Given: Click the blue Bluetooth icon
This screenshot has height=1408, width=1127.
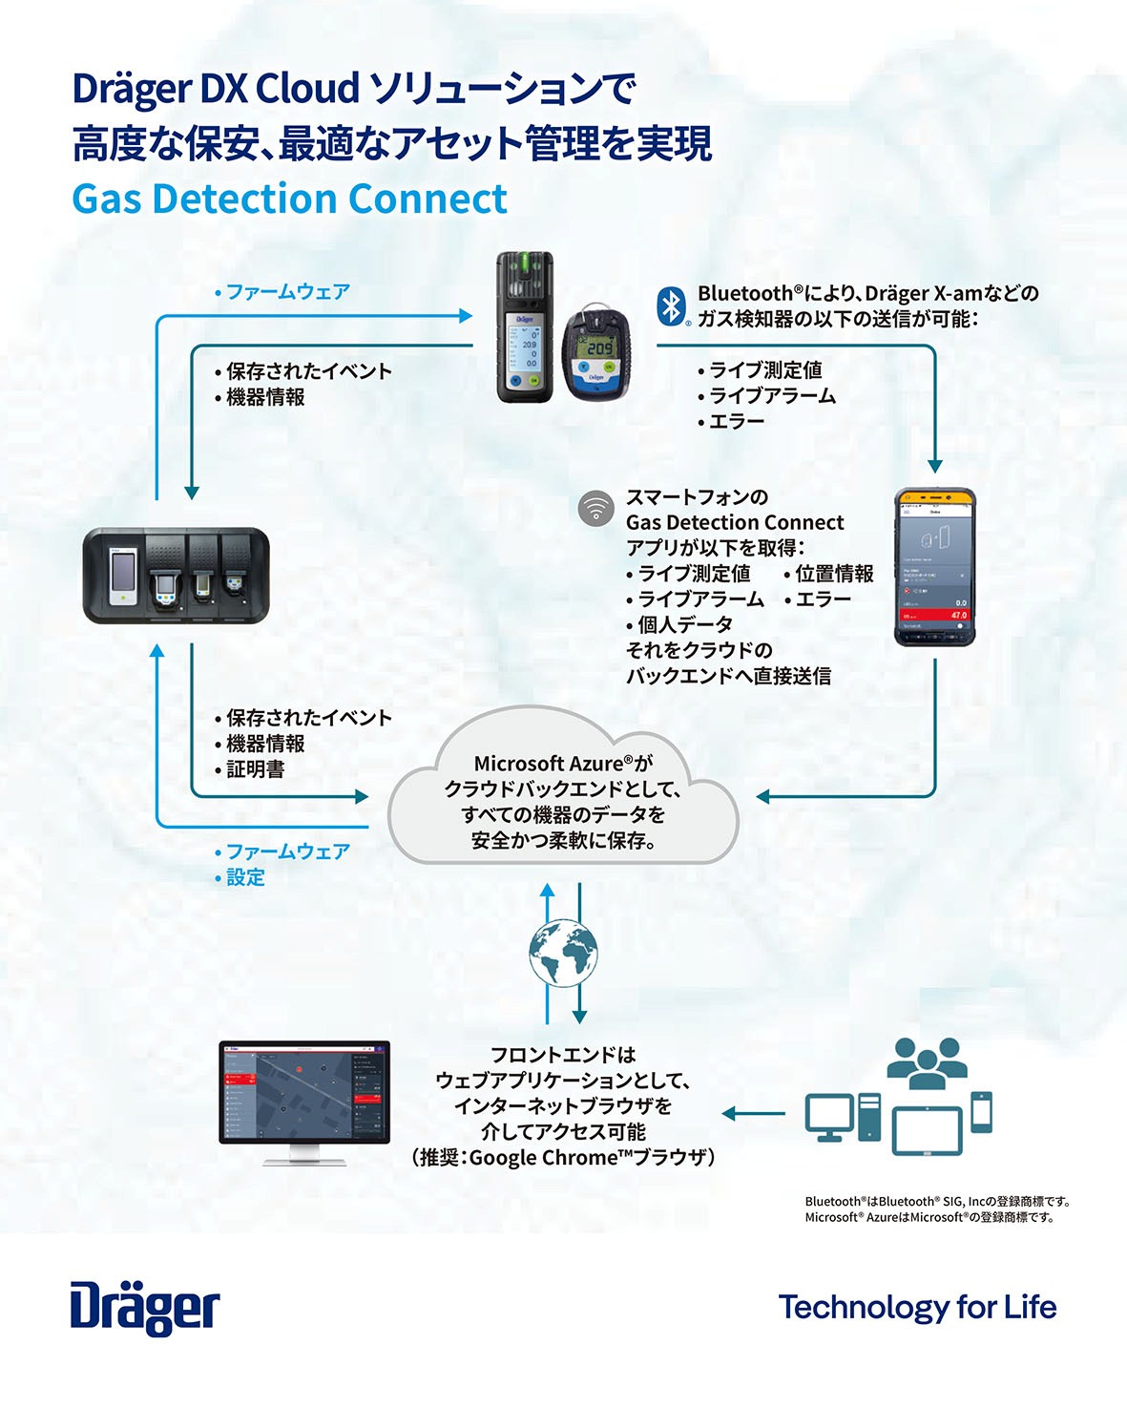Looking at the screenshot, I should point(672,305).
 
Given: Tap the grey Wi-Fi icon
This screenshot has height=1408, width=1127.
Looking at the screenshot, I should point(596,509).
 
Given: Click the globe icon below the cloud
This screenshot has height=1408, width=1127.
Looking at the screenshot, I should point(563,953).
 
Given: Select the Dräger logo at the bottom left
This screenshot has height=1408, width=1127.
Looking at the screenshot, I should point(145,1309).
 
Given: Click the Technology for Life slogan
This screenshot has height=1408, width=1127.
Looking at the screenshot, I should point(917,1307).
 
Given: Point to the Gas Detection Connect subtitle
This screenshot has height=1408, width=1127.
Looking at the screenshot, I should point(289,199).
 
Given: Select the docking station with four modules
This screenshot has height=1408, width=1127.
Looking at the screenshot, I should point(176,576).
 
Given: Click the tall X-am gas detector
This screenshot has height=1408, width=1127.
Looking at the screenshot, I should point(525,327).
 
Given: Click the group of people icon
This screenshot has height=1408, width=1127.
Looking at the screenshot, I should point(927,1062).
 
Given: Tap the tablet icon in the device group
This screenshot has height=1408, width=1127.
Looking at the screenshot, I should point(927,1129).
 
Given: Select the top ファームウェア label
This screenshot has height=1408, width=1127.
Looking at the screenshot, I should point(287,292).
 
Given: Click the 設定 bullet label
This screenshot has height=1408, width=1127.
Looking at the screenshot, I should point(245,877).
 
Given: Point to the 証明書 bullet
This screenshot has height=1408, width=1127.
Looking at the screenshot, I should point(255,769).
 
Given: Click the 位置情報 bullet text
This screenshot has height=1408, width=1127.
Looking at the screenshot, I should point(834,574).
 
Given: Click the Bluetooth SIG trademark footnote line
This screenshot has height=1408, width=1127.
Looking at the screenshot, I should point(937,1201).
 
